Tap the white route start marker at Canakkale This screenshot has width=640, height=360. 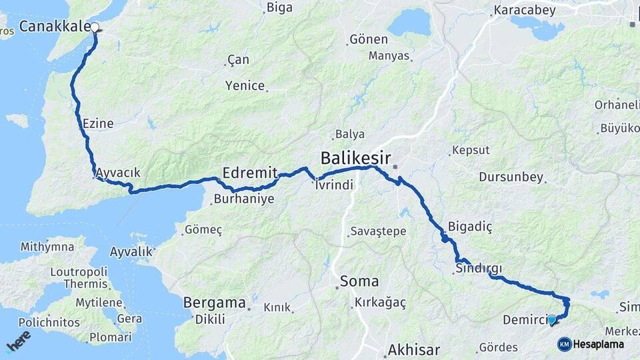[x=95, y=28]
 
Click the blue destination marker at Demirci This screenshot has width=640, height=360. [x=552, y=320]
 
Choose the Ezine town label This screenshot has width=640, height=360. [x=98, y=123]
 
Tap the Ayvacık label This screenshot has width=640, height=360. [x=118, y=173]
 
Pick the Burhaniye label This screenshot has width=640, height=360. [x=244, y=199]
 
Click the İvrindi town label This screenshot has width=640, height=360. [x=334, y=185]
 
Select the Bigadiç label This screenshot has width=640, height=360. [x=470, y=227]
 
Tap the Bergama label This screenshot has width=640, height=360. [x=214, y=303]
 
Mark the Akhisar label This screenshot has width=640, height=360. [x=413, y=349]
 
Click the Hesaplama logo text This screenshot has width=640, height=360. [x=598, y=344]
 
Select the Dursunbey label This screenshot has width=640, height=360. [x=510, y=177]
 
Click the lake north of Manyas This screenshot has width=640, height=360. [x=409, y=23]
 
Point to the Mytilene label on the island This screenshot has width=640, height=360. [x=99, y=302]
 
